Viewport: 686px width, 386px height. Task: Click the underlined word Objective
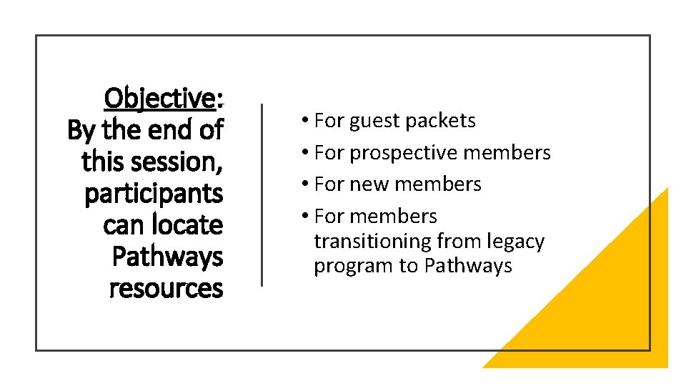point(159,98)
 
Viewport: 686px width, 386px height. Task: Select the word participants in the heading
point(154,194)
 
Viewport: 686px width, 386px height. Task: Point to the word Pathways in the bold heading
point(167,257)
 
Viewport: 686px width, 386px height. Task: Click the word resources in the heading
point(166,288)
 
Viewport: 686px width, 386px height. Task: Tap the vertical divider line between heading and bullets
point(262,194)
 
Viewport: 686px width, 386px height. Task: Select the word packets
point(440,121)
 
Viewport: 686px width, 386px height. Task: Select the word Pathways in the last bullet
point(468,266)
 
